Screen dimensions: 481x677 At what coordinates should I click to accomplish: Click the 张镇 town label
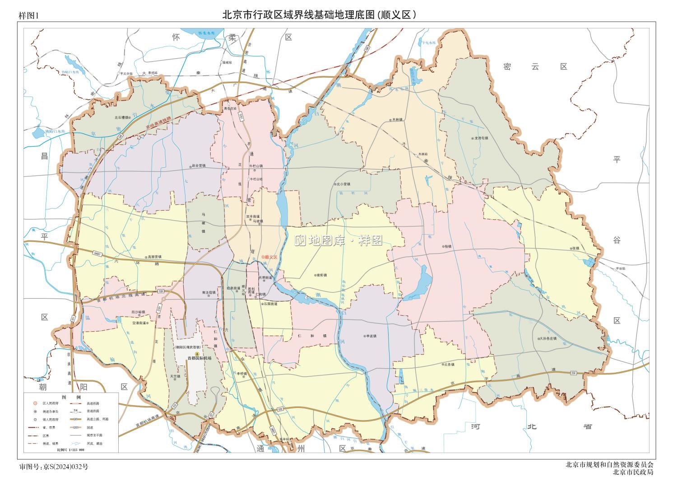click(x=575, y=248)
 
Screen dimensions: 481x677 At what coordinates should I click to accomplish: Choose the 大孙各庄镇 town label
click(x=547, y=338)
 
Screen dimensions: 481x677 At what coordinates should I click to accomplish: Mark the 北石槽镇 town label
click(x=122, y=117)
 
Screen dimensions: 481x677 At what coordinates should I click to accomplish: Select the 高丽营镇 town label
click(x=153, y=256)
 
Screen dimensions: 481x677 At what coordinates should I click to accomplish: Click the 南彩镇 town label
click(x=321, y=274)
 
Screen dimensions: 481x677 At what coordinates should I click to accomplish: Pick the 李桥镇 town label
click(x=242, y=374)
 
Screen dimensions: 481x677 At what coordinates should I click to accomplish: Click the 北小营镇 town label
click(x=344, y=184)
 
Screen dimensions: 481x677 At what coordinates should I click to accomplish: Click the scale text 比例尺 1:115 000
click(x=70, y=450)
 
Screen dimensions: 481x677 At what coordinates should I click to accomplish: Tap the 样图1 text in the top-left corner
click(x=29, y=15)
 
